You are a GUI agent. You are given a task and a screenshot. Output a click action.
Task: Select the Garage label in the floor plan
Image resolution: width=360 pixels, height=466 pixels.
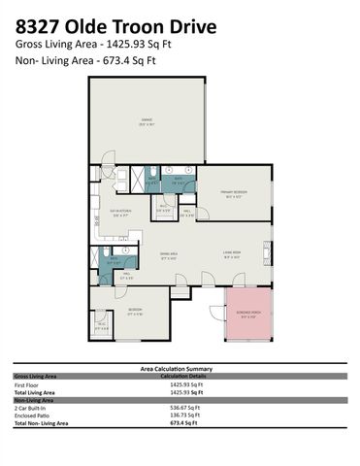147,121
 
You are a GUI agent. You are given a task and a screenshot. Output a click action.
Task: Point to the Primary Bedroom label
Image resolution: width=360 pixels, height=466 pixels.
233,192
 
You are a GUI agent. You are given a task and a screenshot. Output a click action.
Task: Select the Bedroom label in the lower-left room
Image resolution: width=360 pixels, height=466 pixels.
135,312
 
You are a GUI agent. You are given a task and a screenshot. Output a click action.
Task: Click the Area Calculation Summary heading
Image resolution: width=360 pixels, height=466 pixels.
180,369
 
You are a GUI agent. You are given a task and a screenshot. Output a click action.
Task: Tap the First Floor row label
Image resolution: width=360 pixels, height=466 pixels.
26,384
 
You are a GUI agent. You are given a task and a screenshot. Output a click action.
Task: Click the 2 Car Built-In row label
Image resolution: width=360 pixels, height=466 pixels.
30,408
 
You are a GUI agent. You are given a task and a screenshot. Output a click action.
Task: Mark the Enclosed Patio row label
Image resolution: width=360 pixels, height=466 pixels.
30,416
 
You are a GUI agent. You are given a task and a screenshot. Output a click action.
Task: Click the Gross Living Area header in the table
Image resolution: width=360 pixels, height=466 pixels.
34,376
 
